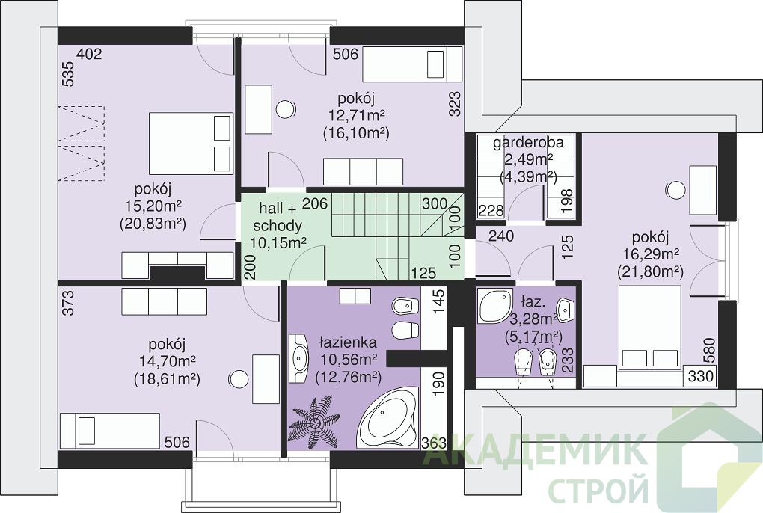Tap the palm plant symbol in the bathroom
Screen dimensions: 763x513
coord(313,420)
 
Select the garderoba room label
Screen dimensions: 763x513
coord(528,143)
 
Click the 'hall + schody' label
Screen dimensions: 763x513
coord(278,217)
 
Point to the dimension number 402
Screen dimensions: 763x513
coord(90,54)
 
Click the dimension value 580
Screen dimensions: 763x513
coord(709,350)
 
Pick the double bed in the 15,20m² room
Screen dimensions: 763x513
coord(190,143)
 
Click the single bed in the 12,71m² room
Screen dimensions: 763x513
coord(411,64)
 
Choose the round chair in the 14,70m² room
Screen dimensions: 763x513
coord(239,379)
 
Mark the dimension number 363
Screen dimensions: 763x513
coord(434,443)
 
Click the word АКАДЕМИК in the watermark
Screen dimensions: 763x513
coord(534,452)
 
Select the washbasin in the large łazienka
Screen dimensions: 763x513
coord(298,358)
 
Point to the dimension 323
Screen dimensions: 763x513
coord(455,104)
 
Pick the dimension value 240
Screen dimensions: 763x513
coord(501,236)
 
